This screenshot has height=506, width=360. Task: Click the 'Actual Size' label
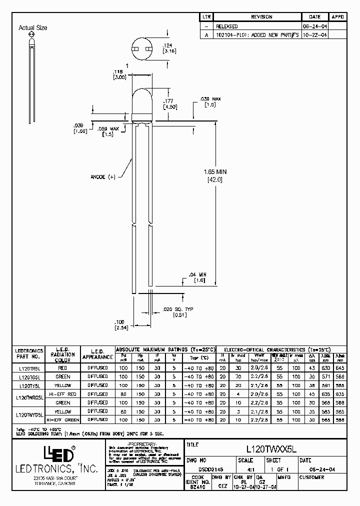click(x=32, y=28)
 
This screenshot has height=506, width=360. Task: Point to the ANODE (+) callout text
click(x=103, y=176)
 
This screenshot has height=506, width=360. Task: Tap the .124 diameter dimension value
click(x=168, y=46)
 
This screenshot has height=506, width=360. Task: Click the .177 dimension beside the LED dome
click(x=168, y=101)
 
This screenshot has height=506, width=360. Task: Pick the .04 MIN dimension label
click(x=199, y=275)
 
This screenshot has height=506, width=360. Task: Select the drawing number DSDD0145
click(x=198, y=469)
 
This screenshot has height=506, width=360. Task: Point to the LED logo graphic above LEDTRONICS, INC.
click(x=58, y=454)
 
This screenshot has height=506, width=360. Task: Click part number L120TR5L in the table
click(x=30, y=367)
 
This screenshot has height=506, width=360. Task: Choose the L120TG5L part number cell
click(x=30, y=376)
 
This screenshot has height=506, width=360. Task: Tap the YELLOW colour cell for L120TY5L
click(x=63, y=385)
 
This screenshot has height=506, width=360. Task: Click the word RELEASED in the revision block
click(x=226, y=26)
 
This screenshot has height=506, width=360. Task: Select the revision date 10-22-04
click(x=315, y=35)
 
